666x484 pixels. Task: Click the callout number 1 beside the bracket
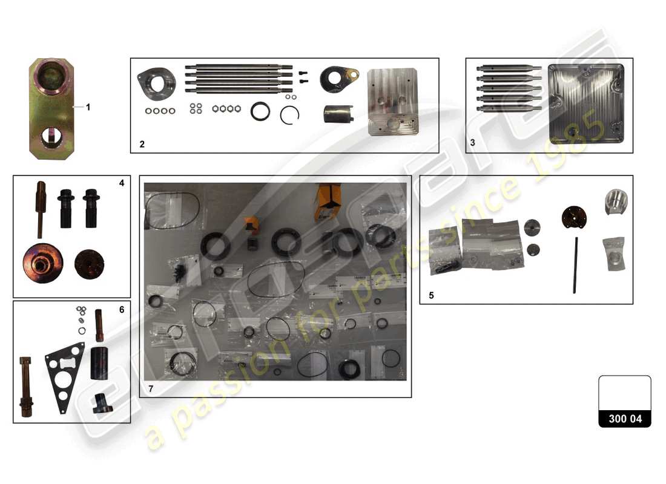point(88,107)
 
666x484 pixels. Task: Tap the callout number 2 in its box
point(142,145)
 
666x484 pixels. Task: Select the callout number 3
point(473,143)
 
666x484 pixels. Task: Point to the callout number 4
point(121,182)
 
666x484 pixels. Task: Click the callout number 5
point(431,296)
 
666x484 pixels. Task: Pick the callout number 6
point(121,309)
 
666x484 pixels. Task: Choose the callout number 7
point(151,389)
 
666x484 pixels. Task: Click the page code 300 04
point(625,419)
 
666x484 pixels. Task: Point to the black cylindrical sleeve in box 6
point(99,362)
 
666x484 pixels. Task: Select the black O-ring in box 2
point(262,112)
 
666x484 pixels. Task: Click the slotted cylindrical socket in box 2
point(338,114)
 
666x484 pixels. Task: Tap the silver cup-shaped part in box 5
point(615,201)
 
